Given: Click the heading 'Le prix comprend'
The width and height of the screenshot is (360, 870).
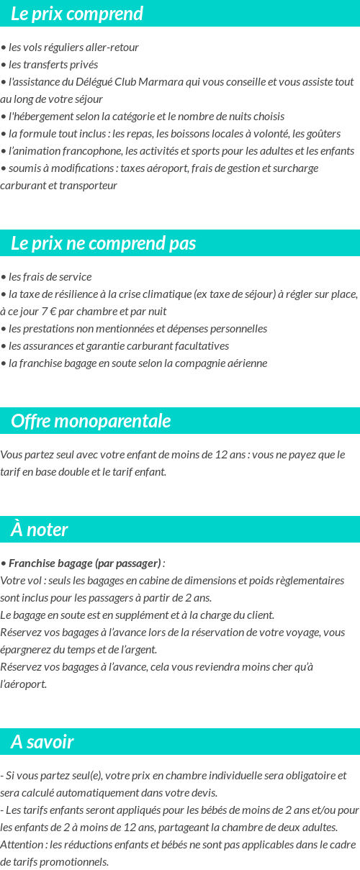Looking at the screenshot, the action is (x=77, y=14).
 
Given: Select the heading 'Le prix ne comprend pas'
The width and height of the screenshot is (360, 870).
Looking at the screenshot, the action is (x=103, y=243).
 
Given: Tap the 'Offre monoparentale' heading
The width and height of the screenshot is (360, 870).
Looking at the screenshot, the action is (x=91, y=421).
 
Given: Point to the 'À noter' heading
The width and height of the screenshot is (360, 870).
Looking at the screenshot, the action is (x=40, y=530).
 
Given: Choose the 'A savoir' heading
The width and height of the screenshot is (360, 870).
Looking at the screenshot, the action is (x=42, y=742).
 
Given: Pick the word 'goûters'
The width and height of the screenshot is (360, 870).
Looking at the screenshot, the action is (x=322, y=133).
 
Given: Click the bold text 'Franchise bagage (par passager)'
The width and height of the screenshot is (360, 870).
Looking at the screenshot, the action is (x=84, y=563).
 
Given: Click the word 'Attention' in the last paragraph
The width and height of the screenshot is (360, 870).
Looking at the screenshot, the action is (x=22, y=844).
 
